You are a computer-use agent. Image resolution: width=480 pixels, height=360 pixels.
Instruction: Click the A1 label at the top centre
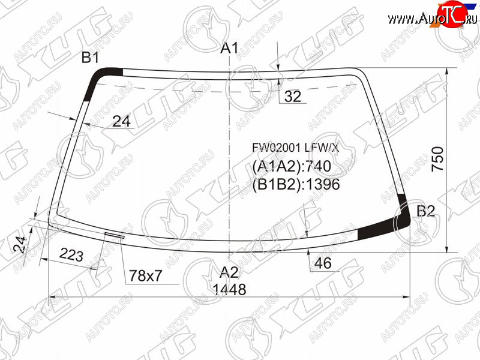click(229, 49)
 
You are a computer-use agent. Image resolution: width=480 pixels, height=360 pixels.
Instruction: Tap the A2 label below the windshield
click(229, 272)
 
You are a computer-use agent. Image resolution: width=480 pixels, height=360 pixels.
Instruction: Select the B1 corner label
click(90, 58)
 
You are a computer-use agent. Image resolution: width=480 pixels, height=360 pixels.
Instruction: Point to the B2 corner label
click(426, 211)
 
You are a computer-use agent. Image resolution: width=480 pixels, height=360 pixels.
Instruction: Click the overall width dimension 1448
click(229, 289)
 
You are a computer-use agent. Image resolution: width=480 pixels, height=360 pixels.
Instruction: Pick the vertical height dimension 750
click(437, 159)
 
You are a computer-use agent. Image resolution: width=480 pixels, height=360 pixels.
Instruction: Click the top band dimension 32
click(293, 97)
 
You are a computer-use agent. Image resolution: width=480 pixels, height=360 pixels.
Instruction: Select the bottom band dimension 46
click(323, 263)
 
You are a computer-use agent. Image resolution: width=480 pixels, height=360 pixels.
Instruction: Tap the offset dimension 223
click(71, 254)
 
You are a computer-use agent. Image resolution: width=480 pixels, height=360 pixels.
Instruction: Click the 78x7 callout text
click(145, 276)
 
